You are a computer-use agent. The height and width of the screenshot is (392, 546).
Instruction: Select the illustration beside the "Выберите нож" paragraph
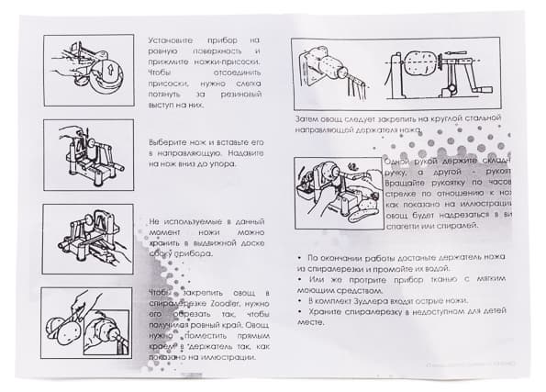pyautogui.click(x=89, y=156)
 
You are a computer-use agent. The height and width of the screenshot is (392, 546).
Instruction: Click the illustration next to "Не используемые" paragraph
pyautogui.click(x=89, y=240)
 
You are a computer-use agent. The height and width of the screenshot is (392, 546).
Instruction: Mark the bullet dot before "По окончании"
pyautogui.click(x=301, y=258)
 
